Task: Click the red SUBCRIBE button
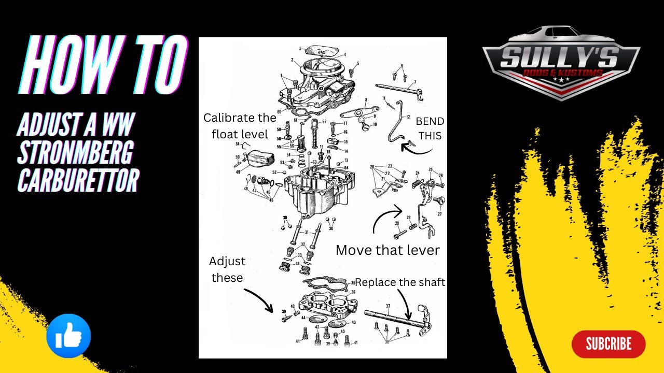tap(608, 344)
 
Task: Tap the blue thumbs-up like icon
tap(68, 336)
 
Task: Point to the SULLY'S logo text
tap(560, 58)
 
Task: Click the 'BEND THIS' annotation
tap(430, 128)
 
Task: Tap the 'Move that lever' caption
tap(388, 250)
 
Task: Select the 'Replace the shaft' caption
tap(400, 282)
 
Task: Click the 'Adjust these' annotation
tap(227, 269)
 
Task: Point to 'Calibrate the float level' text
tap(239, 126)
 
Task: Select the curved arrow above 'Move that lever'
tap(386, 218)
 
